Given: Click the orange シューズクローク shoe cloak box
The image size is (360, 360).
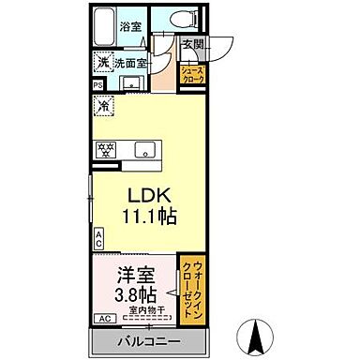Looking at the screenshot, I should pyautogui.click(x=192, y=75).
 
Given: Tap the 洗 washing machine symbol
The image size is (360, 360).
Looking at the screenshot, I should pyautogui.click(x=102, y=63).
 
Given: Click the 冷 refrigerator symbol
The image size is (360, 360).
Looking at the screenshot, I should pyautogui.click(x=102, y=105).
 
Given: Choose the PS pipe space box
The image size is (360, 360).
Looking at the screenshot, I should pyautogui.click(x=98, y=86).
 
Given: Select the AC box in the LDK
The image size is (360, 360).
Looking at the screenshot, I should pyautogui.click(x=97, y=237).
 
